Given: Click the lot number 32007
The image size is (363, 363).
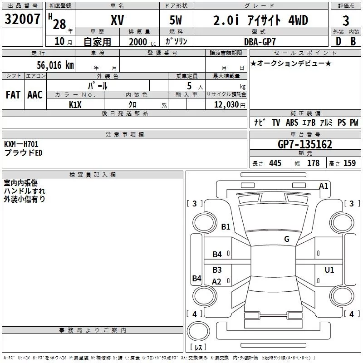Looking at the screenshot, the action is (23, 20).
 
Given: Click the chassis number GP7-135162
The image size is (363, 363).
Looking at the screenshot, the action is (305, 144).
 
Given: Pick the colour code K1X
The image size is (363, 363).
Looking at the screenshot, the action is (75, 105).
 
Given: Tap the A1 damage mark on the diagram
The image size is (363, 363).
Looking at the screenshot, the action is (324, 186).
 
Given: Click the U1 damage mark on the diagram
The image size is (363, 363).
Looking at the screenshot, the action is (329, 270).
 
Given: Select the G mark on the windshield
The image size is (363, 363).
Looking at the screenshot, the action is (287, 239).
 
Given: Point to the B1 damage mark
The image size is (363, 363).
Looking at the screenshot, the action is (226, 226).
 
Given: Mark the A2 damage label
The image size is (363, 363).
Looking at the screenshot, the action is (217, 282).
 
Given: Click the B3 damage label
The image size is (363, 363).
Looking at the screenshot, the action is (217, 270).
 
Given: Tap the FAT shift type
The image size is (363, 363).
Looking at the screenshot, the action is (13, 95).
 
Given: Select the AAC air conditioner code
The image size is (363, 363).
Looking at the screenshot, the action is (35, 95).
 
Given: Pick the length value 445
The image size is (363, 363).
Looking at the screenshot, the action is (275, 163).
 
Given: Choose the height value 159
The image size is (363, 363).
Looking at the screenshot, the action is (349, 163).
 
